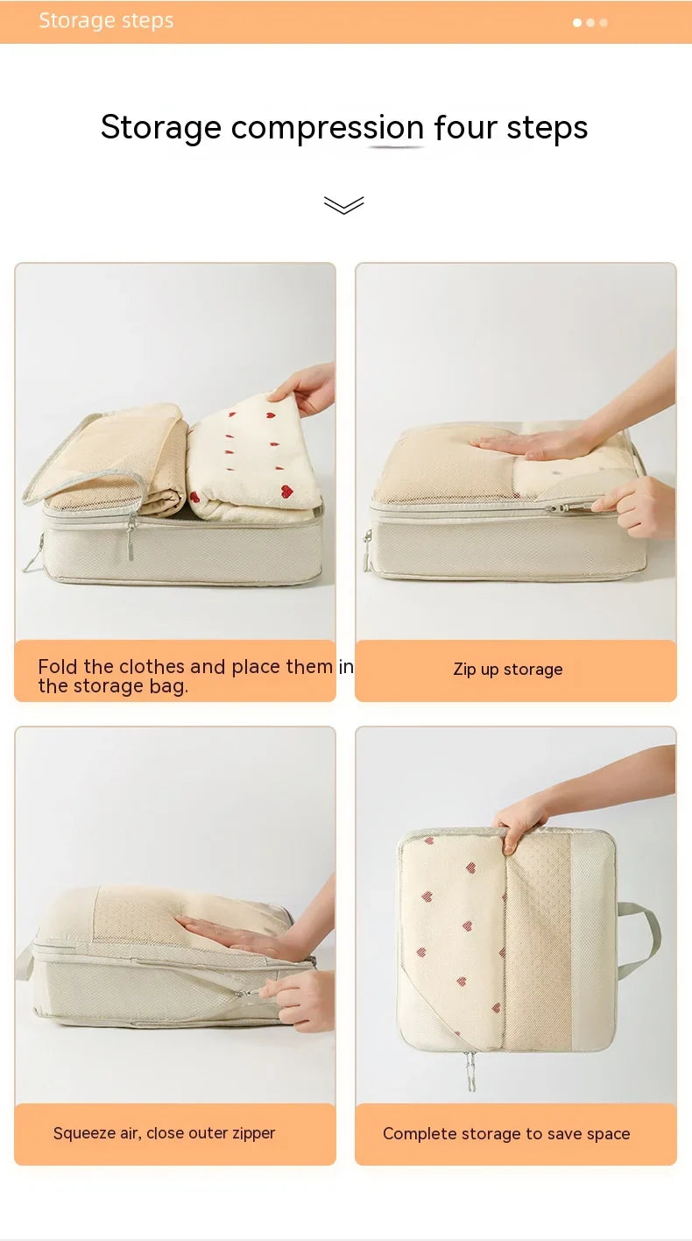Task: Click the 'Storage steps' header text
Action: pos(106,21)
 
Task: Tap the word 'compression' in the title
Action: pos(328,128)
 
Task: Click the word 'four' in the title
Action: pos(466,127)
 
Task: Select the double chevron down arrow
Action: pos(343,204)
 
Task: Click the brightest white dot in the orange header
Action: pos(577,23)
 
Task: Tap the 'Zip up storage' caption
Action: pos(508,670)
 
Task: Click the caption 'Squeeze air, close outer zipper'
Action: pos(165,1133)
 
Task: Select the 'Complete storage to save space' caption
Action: pos(506,1133)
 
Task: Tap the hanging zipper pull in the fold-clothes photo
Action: pos(131,537)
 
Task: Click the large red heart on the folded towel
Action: pos(286,492)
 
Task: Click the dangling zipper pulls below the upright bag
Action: pos(470,1071)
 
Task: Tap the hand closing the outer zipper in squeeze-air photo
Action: pos(299,999)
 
